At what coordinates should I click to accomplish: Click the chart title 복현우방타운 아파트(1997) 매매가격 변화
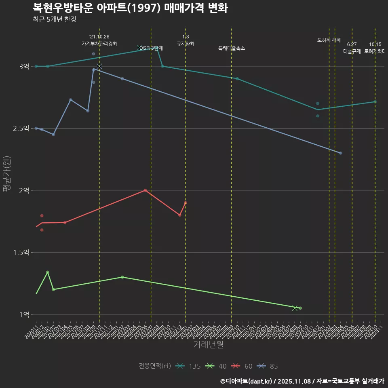[130, 8]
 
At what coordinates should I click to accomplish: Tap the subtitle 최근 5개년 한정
[54, 19]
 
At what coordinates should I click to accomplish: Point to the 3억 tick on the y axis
[24, 66]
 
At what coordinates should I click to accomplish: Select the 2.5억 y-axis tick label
[21, 128]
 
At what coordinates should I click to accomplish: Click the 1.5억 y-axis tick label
[21, 252]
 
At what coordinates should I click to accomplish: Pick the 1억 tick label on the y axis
[24, 314]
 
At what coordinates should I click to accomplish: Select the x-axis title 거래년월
[208, 345]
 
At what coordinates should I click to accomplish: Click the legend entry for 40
[217, 366]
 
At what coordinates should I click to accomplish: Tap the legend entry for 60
[242, 366]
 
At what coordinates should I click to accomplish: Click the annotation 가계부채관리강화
[99, 44]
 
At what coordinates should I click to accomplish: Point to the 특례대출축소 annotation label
[232, 48]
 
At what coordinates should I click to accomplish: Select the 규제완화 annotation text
[186, 44]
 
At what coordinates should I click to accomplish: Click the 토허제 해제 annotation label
[329, 40]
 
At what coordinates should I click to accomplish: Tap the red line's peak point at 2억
[145, 190]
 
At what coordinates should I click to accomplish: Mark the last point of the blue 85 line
[341, 153]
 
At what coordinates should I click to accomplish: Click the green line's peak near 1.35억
[47, 272]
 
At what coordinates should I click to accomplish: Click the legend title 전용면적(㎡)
[155, 366]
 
